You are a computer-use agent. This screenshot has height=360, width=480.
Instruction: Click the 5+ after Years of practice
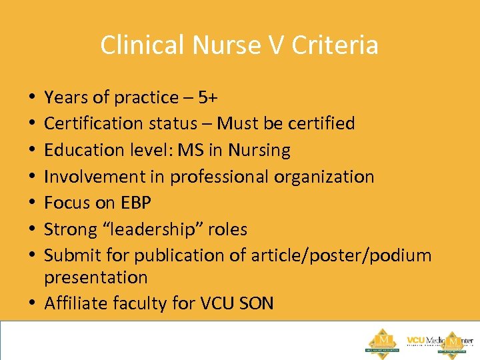[x=207, y=97]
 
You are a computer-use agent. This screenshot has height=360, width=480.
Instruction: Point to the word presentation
[x=95, y=277]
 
